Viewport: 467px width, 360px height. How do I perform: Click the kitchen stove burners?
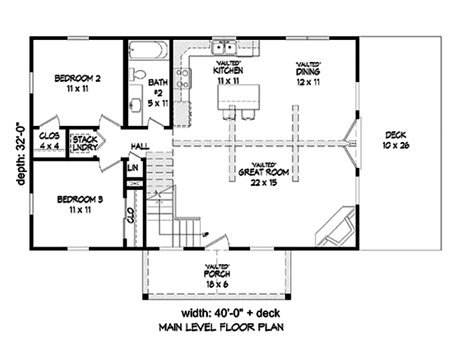181,78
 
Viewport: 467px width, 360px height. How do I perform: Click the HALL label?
139,145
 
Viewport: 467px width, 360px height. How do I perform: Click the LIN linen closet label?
133,168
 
